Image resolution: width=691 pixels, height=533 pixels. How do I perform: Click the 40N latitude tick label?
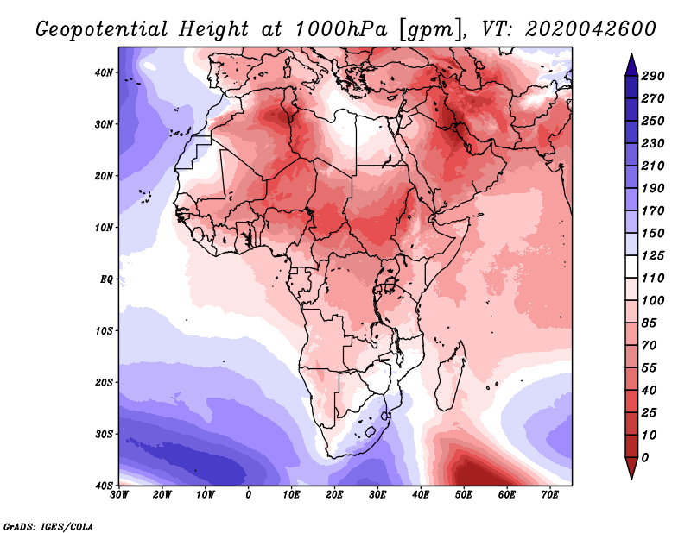[105, 72]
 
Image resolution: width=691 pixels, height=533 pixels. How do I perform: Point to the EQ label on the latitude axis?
[107, 279]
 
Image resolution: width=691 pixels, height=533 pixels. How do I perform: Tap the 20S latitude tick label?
[105, 382]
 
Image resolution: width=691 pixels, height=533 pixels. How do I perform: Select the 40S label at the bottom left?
[105, 485]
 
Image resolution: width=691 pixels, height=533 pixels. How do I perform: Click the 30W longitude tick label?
[120, 494]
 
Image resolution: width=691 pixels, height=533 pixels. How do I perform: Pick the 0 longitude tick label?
[249, 494]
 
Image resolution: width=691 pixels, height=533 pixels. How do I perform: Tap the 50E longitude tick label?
[464, 494]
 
